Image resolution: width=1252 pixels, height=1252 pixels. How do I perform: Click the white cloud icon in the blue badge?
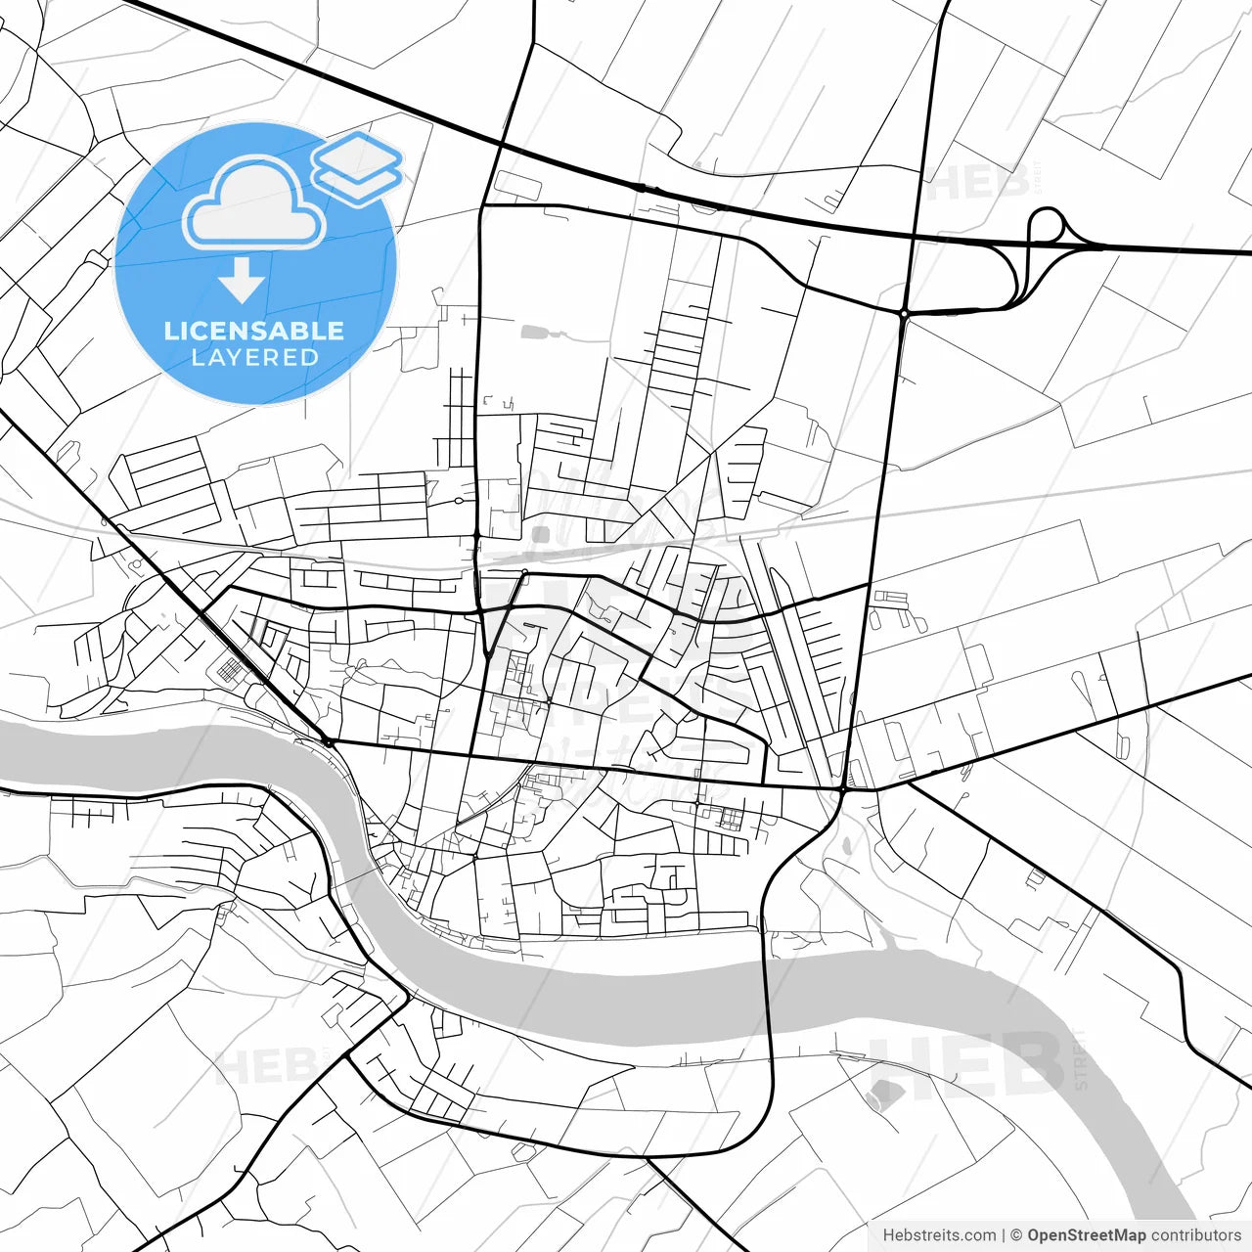[254, 205]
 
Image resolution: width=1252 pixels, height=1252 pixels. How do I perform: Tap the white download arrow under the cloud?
[242, 284]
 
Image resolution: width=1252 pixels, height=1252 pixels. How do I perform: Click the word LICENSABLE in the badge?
[254, 331]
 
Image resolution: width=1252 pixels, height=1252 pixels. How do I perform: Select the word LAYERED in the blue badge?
[254, 358]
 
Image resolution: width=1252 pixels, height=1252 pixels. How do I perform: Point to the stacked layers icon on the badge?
[357, 166]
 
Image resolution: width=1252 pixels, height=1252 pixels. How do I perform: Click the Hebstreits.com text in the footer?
[939, 1235]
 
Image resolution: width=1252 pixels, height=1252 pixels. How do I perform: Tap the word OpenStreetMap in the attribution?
[1086, 1235]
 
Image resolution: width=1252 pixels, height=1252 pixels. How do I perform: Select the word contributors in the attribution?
[1195, 1235]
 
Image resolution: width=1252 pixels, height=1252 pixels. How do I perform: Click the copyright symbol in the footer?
[1016, 1235]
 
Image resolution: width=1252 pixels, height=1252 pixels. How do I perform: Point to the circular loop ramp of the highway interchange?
[1047, 225]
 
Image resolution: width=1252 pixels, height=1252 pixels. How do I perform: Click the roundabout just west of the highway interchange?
[905, 313]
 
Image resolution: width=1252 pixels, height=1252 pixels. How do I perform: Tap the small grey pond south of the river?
[882, 1094]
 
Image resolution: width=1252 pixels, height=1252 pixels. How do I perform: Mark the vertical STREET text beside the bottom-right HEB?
[1080, 1059]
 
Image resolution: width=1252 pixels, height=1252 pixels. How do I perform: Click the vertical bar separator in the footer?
[1003, 1235]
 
